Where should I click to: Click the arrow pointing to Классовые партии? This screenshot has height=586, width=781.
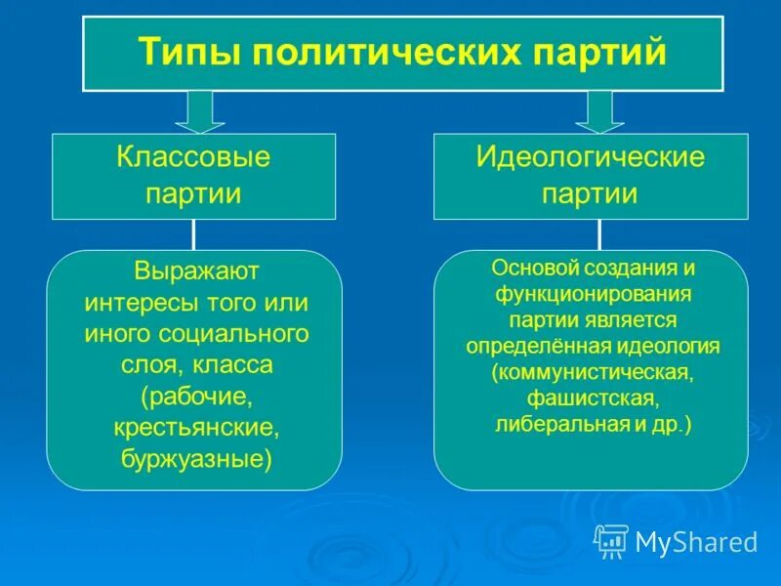(x=200, y=110)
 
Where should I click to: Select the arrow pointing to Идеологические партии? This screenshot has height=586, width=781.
(x=599, y=110)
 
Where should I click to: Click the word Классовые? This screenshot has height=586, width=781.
(x=193, y=158)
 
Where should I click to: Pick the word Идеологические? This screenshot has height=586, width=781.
(x=591, y=158)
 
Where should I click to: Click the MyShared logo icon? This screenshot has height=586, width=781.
(x=612, y=540)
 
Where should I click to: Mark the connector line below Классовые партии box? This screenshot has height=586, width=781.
(x=193, y=234)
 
